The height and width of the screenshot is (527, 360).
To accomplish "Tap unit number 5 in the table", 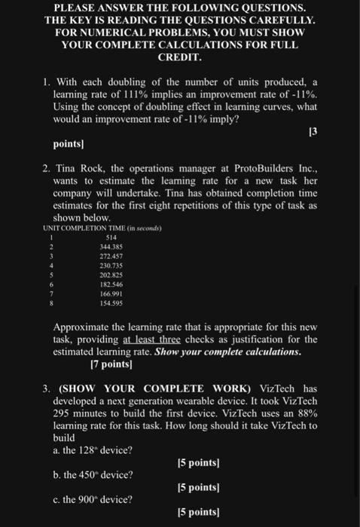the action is [50, 276].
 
